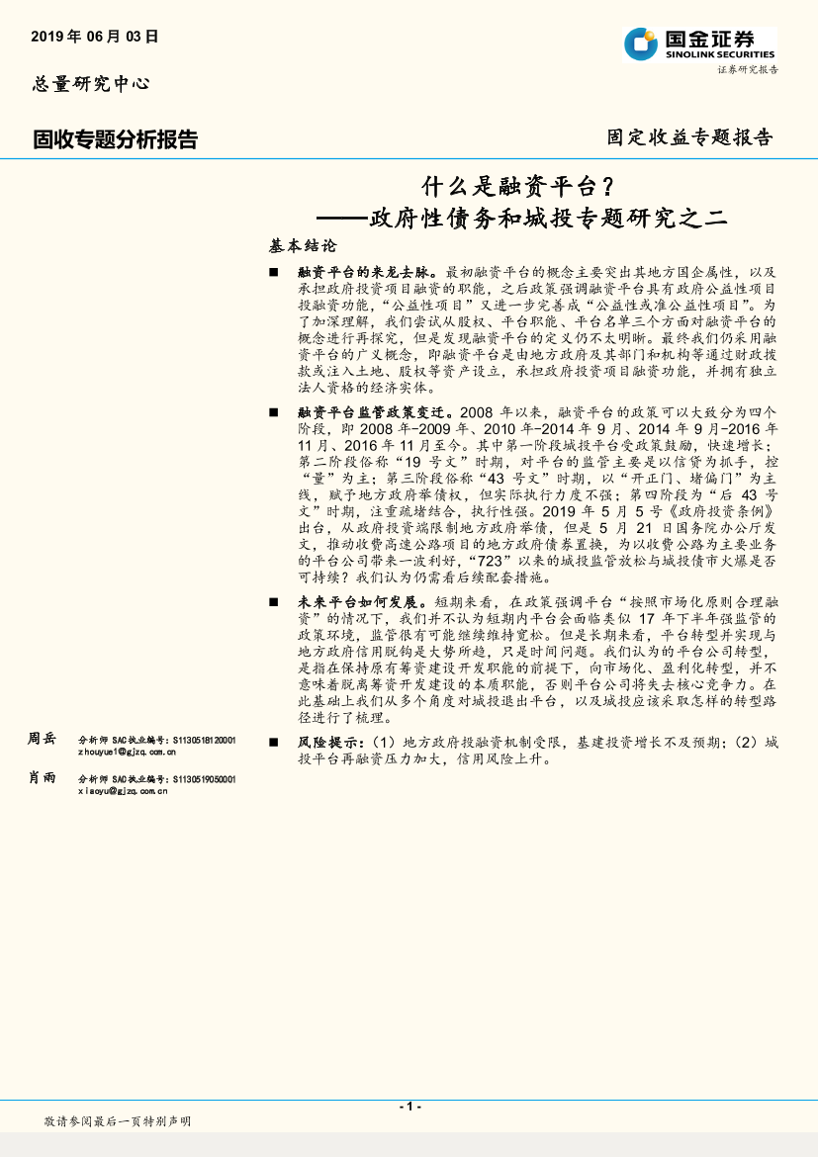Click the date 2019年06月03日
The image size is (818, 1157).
(x=95, y=37)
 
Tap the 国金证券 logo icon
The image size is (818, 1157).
(x=641, y=44)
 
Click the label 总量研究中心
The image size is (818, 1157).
(x=91, y=84)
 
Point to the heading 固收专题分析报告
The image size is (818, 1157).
(x=115, y=139)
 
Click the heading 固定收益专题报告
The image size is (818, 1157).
(x=689, y=137)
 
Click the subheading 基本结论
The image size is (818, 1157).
(x=303, y=244)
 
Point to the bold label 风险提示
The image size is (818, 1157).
(x=330, y=742)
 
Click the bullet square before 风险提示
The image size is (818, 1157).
(x=274, y=742)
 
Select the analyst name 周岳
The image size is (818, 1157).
(x=43, y=739)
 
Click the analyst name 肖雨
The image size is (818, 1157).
(x=43, y=777)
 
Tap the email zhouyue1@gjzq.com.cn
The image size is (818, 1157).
(x=127, y=752)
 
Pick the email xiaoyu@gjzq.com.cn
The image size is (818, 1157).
(x=123, y=791)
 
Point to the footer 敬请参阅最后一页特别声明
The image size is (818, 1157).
(x=118, y=1120)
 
